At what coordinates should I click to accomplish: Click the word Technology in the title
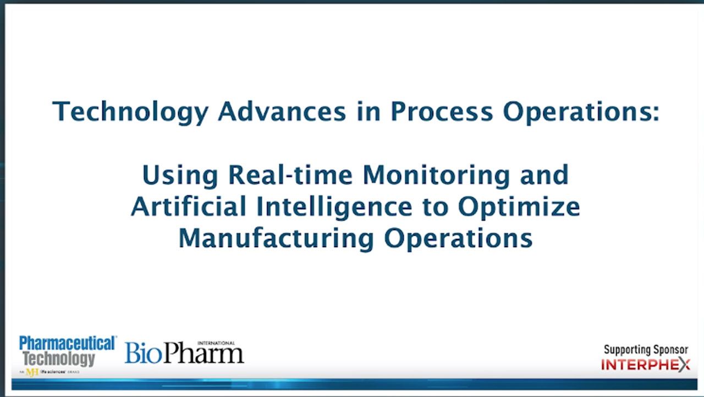(x=130, y=112)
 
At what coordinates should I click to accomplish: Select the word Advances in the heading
(x=282, y=112)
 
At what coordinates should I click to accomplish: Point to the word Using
(x=180, y=175)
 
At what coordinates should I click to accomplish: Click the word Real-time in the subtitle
(x=291, y=175)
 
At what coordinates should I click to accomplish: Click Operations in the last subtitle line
(x=458, y=238)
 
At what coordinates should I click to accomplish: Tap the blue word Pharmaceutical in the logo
(x=68, y=344)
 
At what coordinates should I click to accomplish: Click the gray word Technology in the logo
(x=59, y=359)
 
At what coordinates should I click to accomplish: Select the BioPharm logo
(x=184, y=353)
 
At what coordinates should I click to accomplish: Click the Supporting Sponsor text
(x=646, y=350)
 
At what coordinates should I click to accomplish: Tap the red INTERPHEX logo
(x=646, y=365)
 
